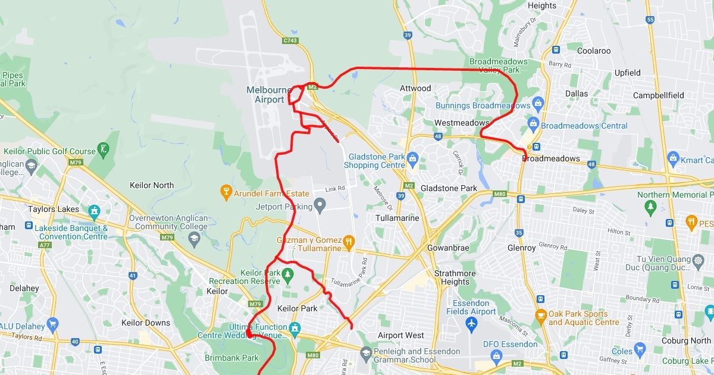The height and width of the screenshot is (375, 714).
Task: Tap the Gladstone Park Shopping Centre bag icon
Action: pos(413,158)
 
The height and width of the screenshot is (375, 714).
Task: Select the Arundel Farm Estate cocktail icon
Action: pos(226,192)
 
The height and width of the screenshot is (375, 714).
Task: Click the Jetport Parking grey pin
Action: pos(320,207)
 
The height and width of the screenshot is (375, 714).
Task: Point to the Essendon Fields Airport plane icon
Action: pos(471,324)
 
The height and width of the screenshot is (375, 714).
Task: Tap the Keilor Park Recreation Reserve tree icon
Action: pos(288,274)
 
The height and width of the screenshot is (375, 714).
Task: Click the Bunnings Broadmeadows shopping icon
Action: pos(538,104)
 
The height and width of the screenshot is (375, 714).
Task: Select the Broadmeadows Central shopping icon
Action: pos(533,124)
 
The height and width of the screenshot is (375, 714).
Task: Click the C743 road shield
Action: pos(290,40)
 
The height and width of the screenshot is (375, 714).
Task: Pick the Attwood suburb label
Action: pos(415,88)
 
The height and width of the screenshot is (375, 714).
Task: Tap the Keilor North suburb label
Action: pos(152,185)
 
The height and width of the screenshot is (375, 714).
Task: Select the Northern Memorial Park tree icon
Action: pos(650,207)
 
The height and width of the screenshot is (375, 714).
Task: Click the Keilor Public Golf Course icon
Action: pos(104,148)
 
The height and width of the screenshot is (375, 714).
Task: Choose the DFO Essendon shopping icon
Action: pos(496,355)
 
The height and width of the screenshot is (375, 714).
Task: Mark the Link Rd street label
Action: pos(335,189)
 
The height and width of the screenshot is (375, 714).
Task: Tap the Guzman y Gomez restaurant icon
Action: pos(349,242)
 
